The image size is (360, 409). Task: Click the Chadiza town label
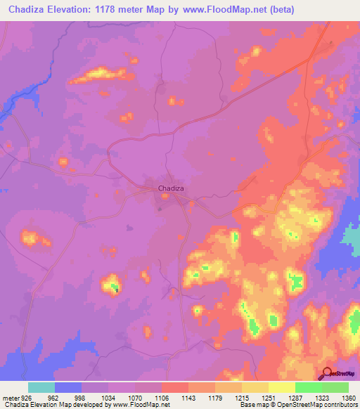pos(172,188)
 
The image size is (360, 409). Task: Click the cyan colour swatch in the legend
pos(41,387)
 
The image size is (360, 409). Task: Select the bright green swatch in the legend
pos(309,387)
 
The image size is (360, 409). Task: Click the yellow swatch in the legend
pos(282,387)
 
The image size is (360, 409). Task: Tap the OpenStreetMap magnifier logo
pos(326,373)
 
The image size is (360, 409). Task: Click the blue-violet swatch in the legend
pos(68,387)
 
